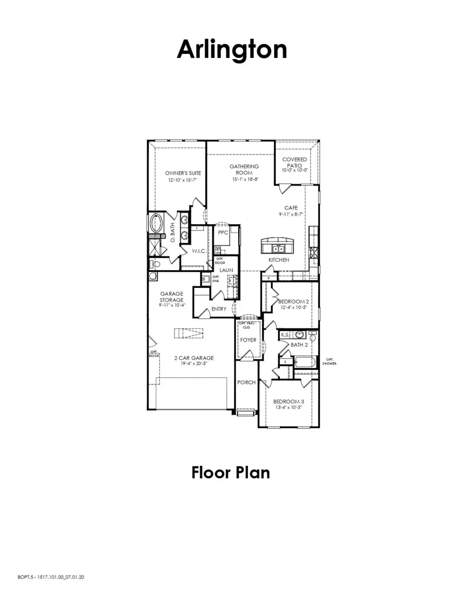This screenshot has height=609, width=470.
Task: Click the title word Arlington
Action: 232,50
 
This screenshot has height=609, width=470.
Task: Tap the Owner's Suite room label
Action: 183,173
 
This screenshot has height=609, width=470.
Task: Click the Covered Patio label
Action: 295,162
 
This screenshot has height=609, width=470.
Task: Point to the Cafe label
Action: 291,207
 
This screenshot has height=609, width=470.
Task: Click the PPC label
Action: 223,232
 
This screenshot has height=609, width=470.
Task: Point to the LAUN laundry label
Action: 226,270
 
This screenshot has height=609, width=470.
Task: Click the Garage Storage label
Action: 171,297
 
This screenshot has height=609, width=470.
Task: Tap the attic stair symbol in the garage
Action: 188,333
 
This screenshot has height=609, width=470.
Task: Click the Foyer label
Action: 248,340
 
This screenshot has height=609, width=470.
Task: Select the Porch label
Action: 246,382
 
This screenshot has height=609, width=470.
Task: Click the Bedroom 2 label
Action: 291,302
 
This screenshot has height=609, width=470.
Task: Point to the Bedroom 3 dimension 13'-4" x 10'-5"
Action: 289,408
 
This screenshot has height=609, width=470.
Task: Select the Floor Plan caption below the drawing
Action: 231,473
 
